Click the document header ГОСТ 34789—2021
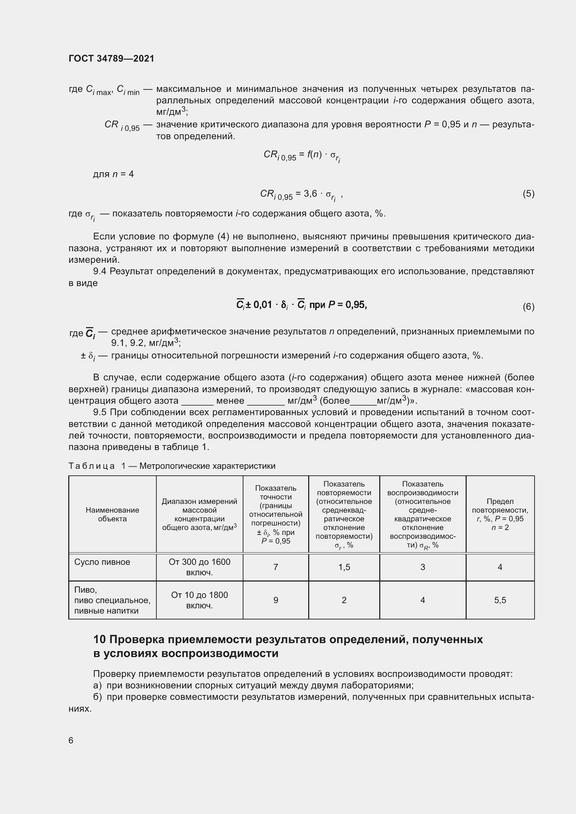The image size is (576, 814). click(111, 58)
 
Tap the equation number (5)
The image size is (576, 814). click(528, 193)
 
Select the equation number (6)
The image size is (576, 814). click(528, 306)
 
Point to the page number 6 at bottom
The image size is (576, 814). click(71, 741)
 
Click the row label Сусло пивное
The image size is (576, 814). click(102, 562)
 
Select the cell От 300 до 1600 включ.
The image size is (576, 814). click(199, 567)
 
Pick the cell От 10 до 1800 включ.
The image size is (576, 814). click(199, 600)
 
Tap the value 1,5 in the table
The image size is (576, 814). click(344, 567)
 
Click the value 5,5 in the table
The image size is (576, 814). click(500, 600)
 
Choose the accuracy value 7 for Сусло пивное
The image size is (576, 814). click(275, 567)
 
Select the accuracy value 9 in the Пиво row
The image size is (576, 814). click(275, 600)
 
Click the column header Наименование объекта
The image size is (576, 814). click(112, 514)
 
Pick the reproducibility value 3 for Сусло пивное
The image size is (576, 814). click(422, 567)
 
